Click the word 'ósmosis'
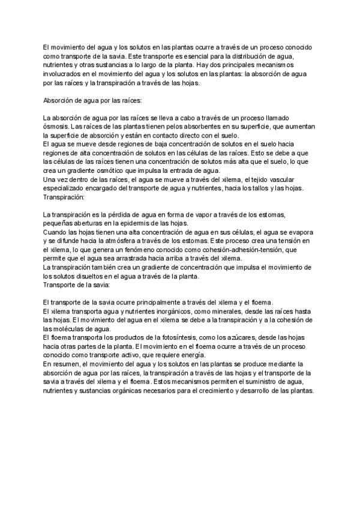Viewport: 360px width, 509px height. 56,127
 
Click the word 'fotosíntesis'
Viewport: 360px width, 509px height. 160,339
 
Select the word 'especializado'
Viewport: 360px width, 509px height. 65,188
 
